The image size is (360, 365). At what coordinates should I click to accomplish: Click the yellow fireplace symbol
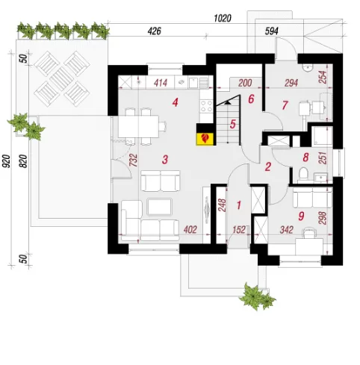(x=205, y=139)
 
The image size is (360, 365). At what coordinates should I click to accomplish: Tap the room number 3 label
(x=165, y=160)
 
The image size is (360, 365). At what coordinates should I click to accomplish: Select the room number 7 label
(x=285, y=105)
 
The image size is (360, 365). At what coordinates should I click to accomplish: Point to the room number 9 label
(x=301, y=216)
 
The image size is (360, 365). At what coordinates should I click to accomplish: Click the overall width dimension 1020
(x=223, y=18)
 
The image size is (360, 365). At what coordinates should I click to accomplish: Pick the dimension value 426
(x=155, y=31)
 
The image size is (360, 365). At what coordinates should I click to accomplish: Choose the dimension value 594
(x=271, y=31)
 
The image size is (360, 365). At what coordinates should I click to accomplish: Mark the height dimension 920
(x=7, y=160)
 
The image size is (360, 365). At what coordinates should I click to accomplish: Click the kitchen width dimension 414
(x=161, y=83)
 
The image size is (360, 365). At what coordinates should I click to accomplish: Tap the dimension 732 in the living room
(x=133, y=160)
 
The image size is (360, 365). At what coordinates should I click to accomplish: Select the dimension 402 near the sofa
(x=190, y=230)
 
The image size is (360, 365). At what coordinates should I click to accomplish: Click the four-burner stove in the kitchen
(x=206, y=106)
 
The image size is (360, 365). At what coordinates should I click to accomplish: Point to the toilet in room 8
(x=303, y=173)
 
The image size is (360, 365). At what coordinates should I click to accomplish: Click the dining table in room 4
(x=138, y=127)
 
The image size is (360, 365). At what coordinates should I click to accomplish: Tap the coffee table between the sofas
(x=159, y=207)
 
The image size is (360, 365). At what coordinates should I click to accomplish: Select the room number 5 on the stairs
(x=233, y=124)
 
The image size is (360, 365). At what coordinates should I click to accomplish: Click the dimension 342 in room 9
(x=286, y=230)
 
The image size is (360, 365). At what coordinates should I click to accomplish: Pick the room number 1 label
(x=239, y=205)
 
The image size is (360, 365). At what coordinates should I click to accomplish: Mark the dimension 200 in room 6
(x=245, y=83)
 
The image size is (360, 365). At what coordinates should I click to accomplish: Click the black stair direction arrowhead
(x=227, y=102)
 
